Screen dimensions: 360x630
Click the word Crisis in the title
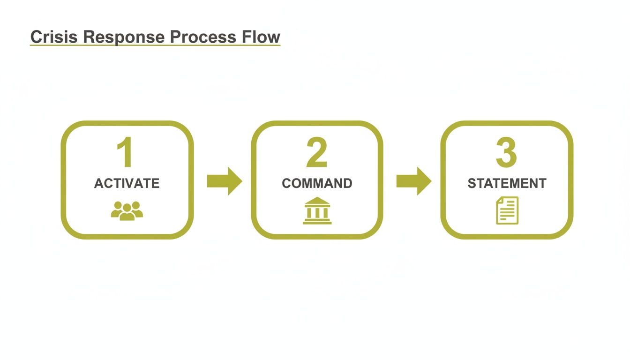[52, 37]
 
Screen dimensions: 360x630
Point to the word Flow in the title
[262, 37]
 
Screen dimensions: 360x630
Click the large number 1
[126, 152]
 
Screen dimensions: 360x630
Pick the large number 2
[317, 152]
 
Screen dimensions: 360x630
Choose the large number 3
[506, 152]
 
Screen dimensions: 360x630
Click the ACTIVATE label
[127, 183]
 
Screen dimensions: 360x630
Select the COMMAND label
[317, 183]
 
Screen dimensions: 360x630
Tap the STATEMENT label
[507, 183]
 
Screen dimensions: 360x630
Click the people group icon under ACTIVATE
[127, 211]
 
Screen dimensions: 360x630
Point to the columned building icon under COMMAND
[317, 211]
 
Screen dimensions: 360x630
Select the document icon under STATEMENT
[507, 210]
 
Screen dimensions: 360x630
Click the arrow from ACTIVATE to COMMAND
[225, 180]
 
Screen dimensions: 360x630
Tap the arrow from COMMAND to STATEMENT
[414, 180]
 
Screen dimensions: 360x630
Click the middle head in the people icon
[127, 208]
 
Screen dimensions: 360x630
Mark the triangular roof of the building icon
[317, 201]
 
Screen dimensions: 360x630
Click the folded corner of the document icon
[500, 200]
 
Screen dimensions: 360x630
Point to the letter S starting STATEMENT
[472, 183]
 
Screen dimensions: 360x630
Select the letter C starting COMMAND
[286, 183]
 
